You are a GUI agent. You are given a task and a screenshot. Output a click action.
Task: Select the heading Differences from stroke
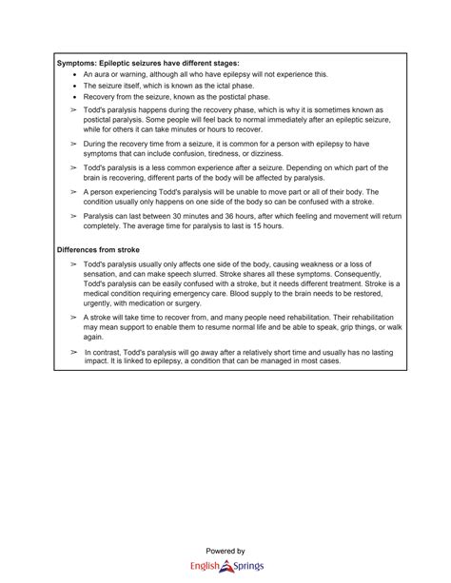(99, 248)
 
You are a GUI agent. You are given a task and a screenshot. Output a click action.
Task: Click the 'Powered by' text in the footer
(225, 552)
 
